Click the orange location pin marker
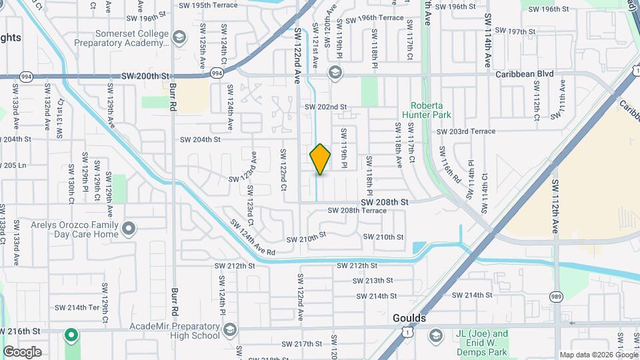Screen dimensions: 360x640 pyautogui.click(x=320, y=159)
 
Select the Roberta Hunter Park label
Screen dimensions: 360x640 pyautogui.click(x=431, y=110)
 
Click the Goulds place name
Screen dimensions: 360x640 pyautogui.click(x=409, y=319)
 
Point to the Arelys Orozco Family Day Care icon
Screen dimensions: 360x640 pyautogui.click(x=129, y=229)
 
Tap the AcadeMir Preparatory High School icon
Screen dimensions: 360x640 pyautogui.click(x=229, y=330)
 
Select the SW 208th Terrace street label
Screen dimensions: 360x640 pyautogui.click(x=357, y=211)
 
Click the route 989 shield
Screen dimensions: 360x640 pyautogui.click(x=555, y=296)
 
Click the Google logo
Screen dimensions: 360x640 pyautogui.click(x=23, y=351)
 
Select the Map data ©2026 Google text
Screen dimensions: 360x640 pyautogui.click(x=598, y=355)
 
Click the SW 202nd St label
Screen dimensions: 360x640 pyautogui.click(x=326, y=107)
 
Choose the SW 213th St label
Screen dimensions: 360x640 pyautogui.click(x=374, y=281)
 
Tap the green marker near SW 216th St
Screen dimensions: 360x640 pyautogui.click(x=71, y=334)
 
